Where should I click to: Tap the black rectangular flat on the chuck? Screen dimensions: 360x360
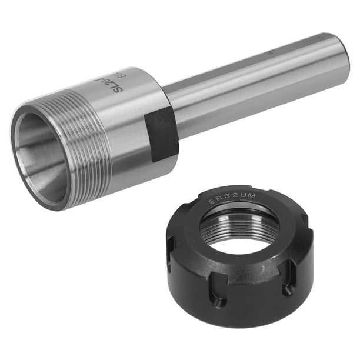pos(161,134)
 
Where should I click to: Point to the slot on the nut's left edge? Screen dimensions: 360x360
pos(171,247)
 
